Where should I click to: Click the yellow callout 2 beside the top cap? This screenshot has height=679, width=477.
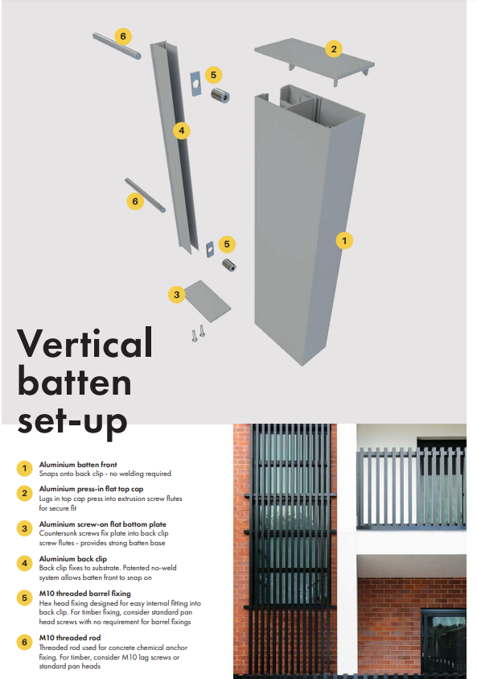coord(334,49)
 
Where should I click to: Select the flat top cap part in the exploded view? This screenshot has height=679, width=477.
coord(315,60)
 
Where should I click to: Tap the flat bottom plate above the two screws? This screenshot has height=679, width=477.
coord(208,301)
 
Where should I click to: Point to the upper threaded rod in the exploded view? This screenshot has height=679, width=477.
coord(117,46)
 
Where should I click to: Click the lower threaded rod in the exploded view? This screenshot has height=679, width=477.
coord(145,195)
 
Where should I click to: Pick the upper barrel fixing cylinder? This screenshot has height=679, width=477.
coord(220,95)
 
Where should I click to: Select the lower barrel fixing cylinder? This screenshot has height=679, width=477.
coord(229,264)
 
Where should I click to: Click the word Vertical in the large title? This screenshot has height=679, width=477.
coord(84,343)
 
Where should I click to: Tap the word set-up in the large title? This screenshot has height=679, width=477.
coord(72,421)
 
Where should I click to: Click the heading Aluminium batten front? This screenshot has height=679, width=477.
coord(78,465)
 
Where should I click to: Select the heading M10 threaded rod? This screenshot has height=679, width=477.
coord(70,638)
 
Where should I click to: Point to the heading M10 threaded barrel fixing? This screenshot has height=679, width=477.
coord(84,594)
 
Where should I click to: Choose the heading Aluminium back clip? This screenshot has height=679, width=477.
coord(72,559)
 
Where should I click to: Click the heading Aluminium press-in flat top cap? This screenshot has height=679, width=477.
coord(91,489)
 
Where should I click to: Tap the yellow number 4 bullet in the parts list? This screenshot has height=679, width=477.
coord(25,563)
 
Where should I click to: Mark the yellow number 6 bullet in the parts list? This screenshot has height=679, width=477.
coord(25,642)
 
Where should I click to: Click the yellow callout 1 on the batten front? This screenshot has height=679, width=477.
coord(344,240)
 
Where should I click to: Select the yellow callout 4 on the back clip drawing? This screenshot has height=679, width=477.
coord(182,130)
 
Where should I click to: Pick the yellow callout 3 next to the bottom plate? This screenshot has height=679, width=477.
coord(176,295)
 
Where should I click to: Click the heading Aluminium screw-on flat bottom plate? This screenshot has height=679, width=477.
coord(102,524)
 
